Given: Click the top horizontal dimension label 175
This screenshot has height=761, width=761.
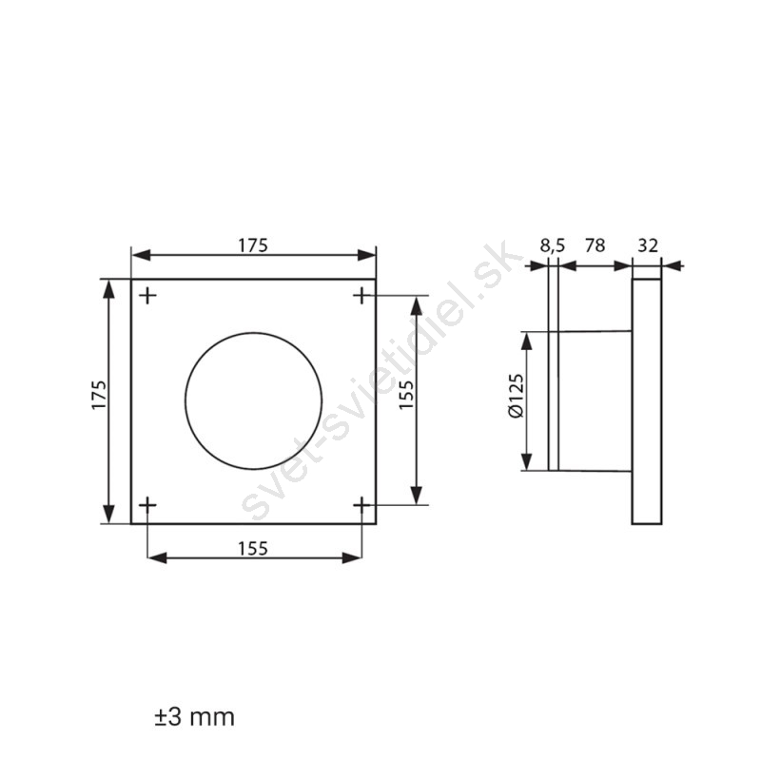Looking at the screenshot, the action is pyautogui.click(x=253, y=245).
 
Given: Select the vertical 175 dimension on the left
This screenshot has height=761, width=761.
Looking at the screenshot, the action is pyautogui.click(x=99, y=395).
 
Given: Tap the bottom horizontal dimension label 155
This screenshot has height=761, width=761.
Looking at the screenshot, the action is pyautogui.click(x=253, y=549).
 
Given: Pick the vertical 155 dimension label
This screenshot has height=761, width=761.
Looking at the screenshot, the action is pyautogui.click(x=406, y=394).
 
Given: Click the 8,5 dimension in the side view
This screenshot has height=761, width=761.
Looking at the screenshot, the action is pyautogui.click(x=553, y=245).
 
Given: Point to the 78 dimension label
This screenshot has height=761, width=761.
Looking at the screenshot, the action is pyautogui.click(x=595, y=245).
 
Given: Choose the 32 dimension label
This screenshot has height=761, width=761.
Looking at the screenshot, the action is pyautogui.click(x=648, y=245).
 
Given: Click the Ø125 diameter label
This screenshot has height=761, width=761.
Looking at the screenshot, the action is pyautogui.click(x=517, y=395).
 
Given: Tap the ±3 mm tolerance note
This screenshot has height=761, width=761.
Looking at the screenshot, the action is pyautogui.click(x=194, y=717).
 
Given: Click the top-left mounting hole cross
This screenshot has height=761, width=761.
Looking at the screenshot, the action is pyautogui.click(x=147, y=295).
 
